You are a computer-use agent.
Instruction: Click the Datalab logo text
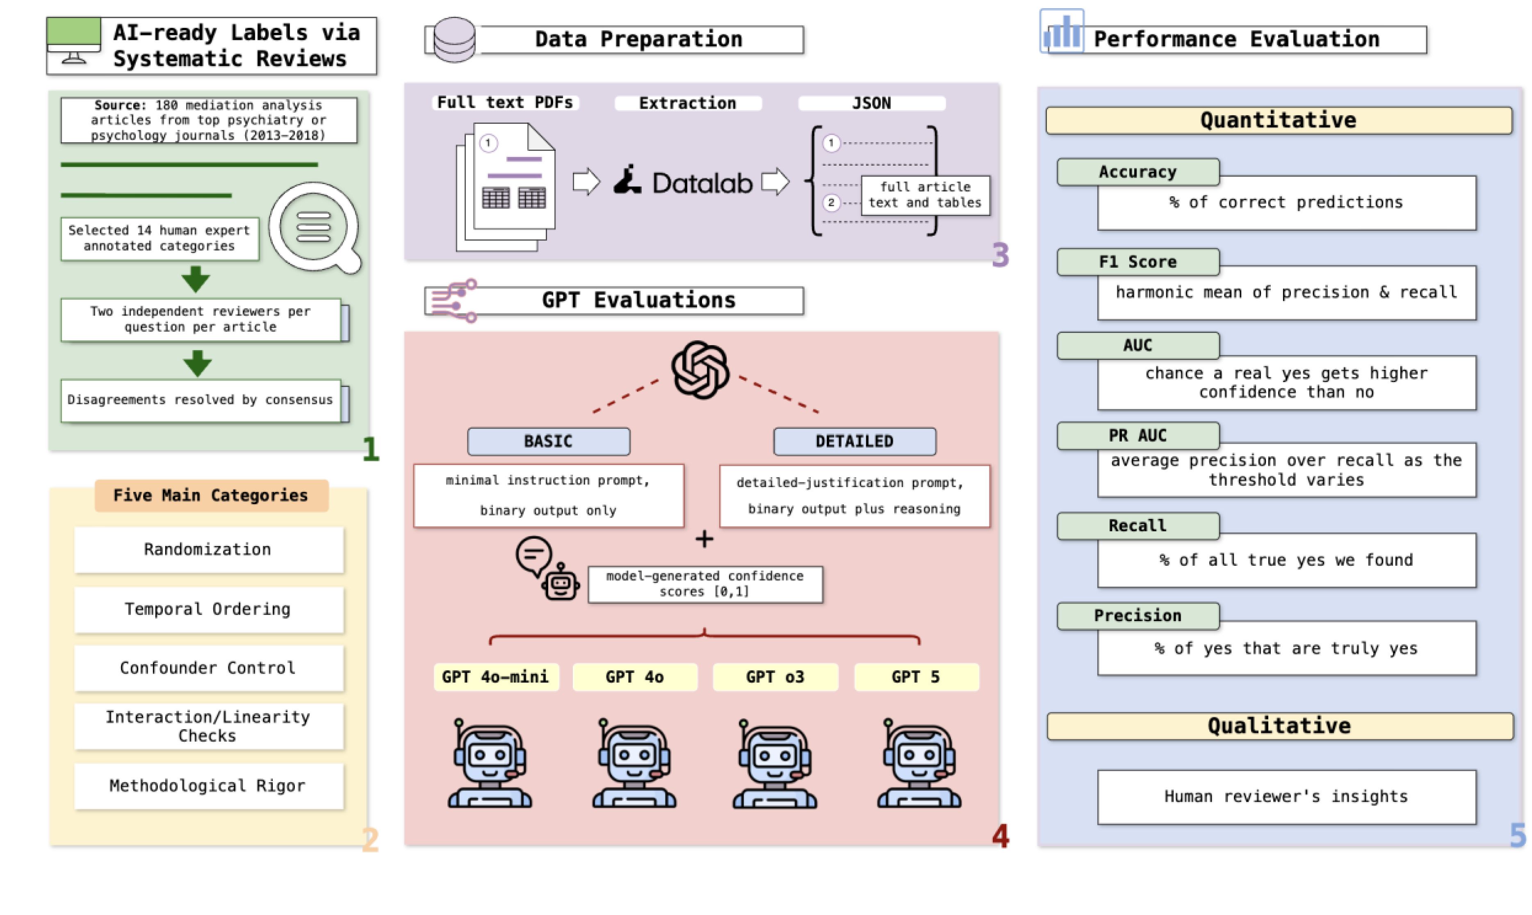point(702,183)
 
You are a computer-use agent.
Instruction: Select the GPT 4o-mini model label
point(495,677)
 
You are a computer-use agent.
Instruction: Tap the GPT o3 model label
point(775,677)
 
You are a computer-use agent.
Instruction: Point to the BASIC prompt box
point(548,442)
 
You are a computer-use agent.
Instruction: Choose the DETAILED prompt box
point(854,442)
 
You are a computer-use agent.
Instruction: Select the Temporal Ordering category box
point(208,609)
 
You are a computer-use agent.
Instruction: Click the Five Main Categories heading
point(211,495)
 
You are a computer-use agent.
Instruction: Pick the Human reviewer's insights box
point(1286,797)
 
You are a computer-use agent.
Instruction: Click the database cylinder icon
point(454,39)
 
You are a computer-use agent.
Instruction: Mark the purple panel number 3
point(1001,255)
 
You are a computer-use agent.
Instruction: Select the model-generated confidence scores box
point(705,584)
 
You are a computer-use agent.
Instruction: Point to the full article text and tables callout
point(925,195)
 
